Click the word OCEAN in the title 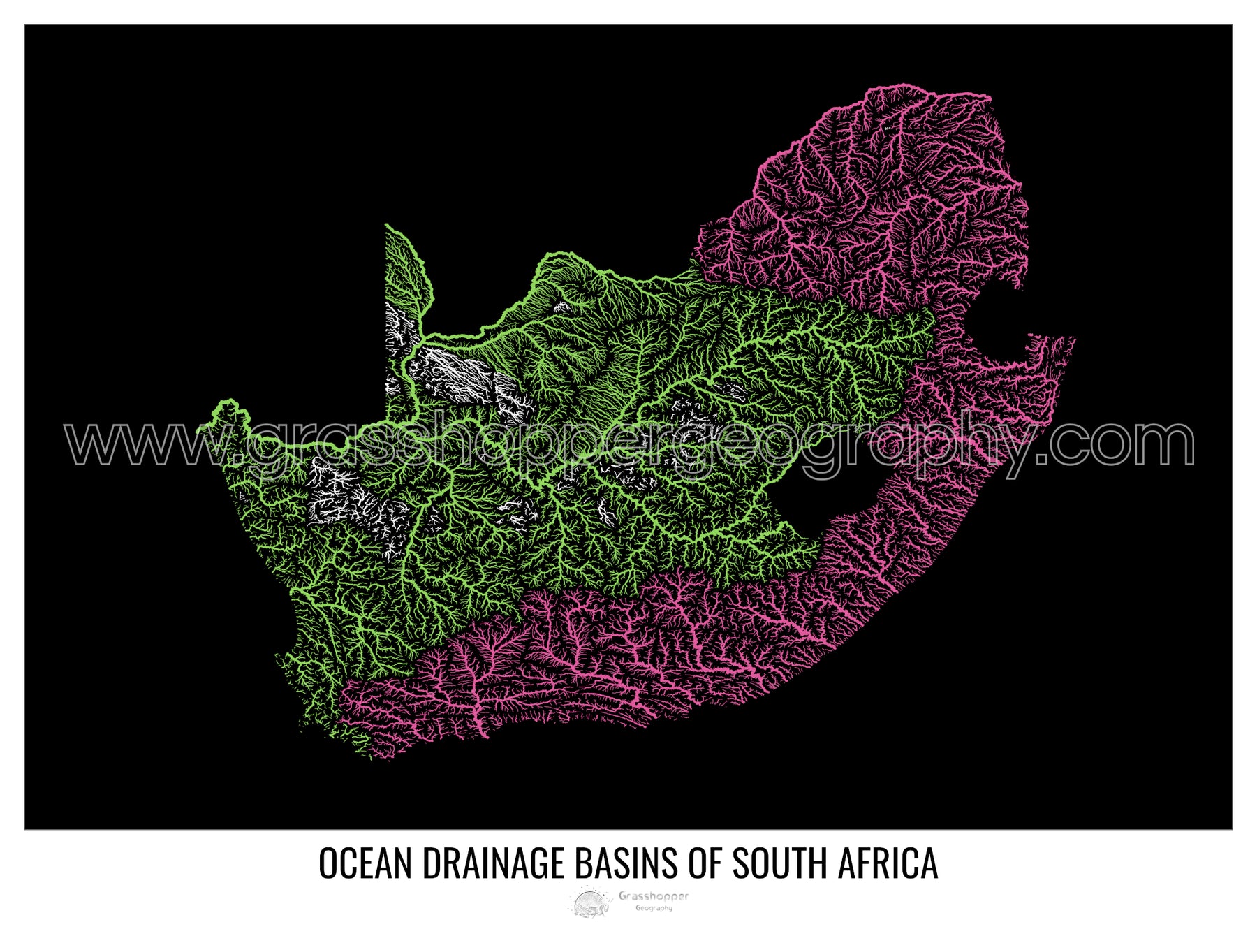point(367,863)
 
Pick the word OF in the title point(706,863)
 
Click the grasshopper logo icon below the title point(590,901)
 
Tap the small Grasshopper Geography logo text point(653,900)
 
